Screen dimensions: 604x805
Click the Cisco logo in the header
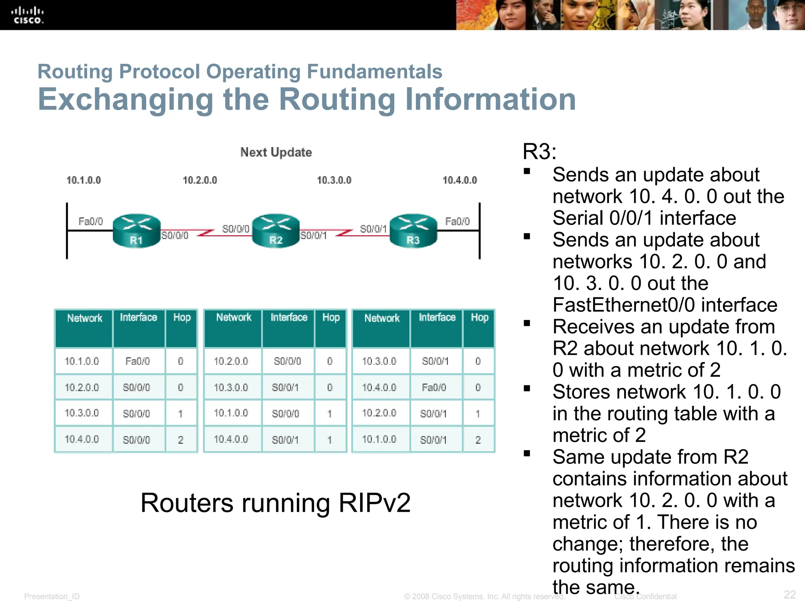coord(27,15)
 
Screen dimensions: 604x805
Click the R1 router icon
coord(136,231)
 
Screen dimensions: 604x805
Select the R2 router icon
coord(276,231)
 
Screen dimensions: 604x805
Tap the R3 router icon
coord(413,231)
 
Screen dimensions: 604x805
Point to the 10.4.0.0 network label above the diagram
coord(459,180)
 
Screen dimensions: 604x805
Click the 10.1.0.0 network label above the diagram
coord(83,180)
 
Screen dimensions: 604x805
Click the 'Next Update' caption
coord(276,152)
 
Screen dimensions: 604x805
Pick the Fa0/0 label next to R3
coord(457,221)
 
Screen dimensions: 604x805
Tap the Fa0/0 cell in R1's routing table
coord(138,361)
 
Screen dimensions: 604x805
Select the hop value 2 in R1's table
coord(180,440)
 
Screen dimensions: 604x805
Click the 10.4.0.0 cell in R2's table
coord(231,439)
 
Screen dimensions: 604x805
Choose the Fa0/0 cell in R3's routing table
coord(434,388)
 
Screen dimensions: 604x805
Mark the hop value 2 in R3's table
coord(478,440)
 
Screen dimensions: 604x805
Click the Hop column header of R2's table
coord(331,318)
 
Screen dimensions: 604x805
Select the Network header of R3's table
coord(382,318)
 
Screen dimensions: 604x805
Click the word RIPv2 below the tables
coord(374,503)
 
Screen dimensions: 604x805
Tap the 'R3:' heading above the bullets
coord(539,152)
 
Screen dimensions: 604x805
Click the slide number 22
coord(790,594)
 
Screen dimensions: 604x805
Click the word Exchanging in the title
coord(126,99)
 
